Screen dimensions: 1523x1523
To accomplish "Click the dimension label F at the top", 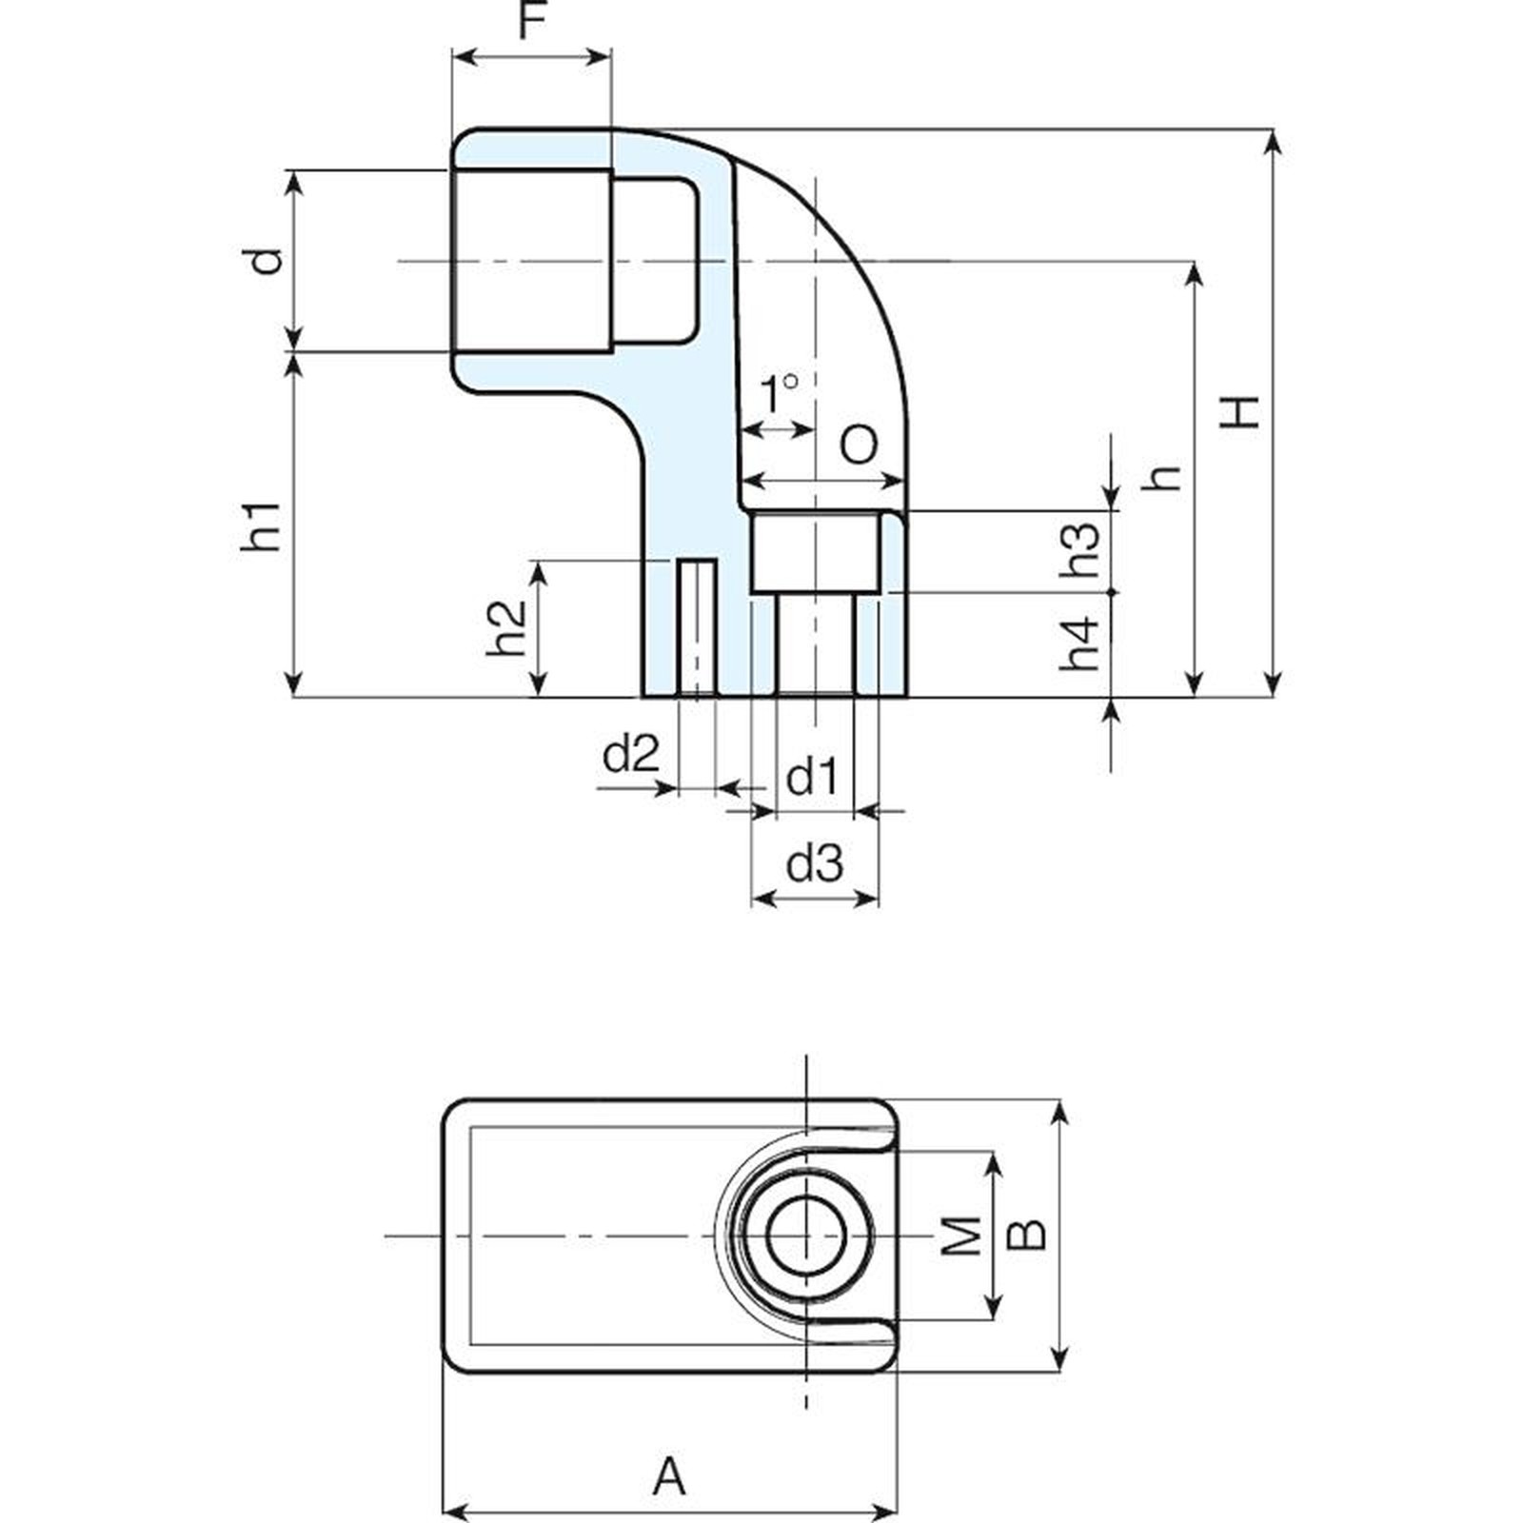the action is pyautogui.click(x=534, y=20).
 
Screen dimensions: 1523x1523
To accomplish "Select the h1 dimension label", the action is pyautogui.click(x=261, y=525).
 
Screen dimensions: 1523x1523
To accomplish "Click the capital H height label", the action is pyautogui.click(x=1240, y=411).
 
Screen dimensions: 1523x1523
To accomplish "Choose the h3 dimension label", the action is pyautogui.click(x=1080, y=549).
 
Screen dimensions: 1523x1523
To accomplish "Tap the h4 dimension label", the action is pyautogui.click(x=1080, y=643).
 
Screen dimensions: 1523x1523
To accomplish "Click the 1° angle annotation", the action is pyautogui.click(x=779, y=393).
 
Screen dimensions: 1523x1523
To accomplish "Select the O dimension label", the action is pyautogui.click(x=860, y=445).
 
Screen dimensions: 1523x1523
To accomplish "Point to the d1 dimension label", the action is pyautogui.click(x=812, y=778).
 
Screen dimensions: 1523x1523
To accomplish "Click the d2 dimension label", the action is pyautogui.click(x=631, y=756).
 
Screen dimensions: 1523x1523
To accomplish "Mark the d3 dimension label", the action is pyautogui.click(x=815, y=863).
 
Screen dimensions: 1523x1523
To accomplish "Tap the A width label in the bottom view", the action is pyautogui.click(x=670, y=1478).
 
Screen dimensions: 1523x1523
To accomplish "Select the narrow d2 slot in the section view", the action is pyautogui.click(x=698, y=628).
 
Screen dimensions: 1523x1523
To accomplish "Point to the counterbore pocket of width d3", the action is pyautogui.click(x=814, y=553).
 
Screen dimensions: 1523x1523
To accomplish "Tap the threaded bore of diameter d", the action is pyautogui.click(x=532, y=260).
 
